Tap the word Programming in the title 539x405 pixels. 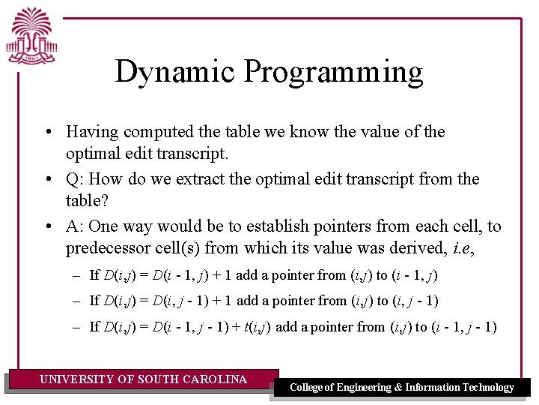coord(333,73)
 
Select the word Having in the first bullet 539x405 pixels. coord(92,132)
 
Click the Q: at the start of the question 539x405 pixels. coord(75,179)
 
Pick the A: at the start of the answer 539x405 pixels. coord(75,226)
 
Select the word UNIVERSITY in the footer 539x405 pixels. coord(77,379)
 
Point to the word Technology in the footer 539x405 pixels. coord(486,388)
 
